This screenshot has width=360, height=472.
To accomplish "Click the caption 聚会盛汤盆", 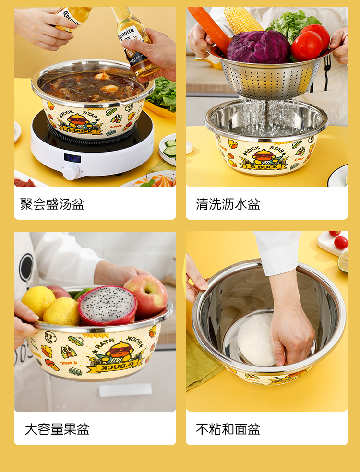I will click(52, 204).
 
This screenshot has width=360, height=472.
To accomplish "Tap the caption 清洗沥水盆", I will click(228, 204).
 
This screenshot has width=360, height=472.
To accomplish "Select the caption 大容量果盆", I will click(57, 429).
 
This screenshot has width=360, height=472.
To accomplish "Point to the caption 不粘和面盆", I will click(228, 429).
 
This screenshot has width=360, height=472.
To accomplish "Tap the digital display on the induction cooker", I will click(72, 158).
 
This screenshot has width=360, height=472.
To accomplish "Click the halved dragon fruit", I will click(107, 306).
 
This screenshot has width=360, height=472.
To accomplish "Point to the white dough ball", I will click(256, 340).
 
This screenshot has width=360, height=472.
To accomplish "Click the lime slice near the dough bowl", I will click(343, 261).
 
